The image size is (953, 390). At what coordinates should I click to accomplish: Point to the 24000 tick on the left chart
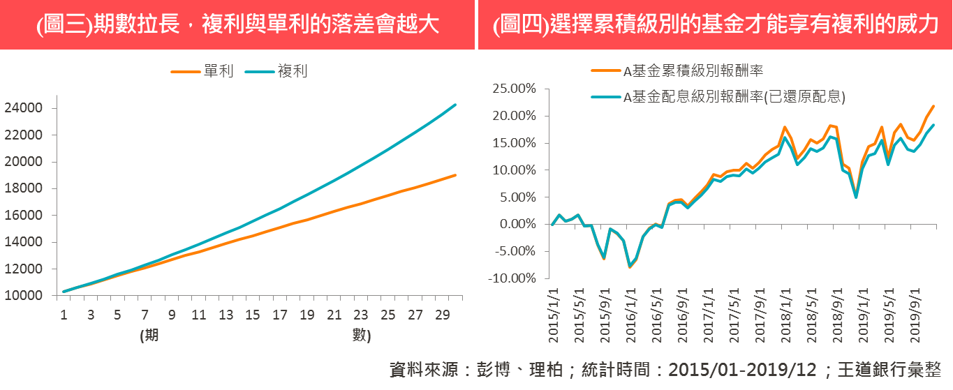[26, 109]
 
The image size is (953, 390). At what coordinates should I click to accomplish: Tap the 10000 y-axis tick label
[26, 296]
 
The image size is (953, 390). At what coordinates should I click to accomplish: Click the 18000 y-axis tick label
[26, 189]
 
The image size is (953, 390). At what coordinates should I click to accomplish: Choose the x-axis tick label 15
[253, 315]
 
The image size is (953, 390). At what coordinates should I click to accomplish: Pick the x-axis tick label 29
[442, 315]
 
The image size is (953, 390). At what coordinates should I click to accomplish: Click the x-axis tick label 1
[63, 315]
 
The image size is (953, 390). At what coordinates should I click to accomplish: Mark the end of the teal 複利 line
[456, 105]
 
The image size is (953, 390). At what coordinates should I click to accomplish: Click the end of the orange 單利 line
[456, 174]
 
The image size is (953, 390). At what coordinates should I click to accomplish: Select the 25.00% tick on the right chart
[515, 89]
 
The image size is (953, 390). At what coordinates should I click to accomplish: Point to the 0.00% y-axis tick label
[517, 225]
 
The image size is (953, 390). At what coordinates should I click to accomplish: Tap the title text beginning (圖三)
[237, 26]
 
